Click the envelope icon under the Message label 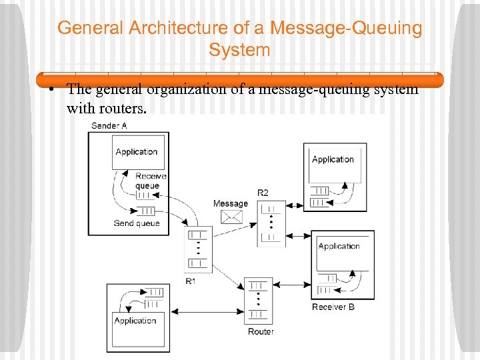tap(231, 216)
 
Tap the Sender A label tap(109, 125)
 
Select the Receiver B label tap(333, 307)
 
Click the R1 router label tap(191, 281)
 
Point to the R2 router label tap(263, 193)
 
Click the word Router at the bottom tap(261, 331)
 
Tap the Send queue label tap(137, 223)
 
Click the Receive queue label tap(151, 181)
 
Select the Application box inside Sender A tap(136, 151)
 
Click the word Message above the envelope tap(231, 203)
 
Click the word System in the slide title tap(239, 50)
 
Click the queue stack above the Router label tap(258, 301)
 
